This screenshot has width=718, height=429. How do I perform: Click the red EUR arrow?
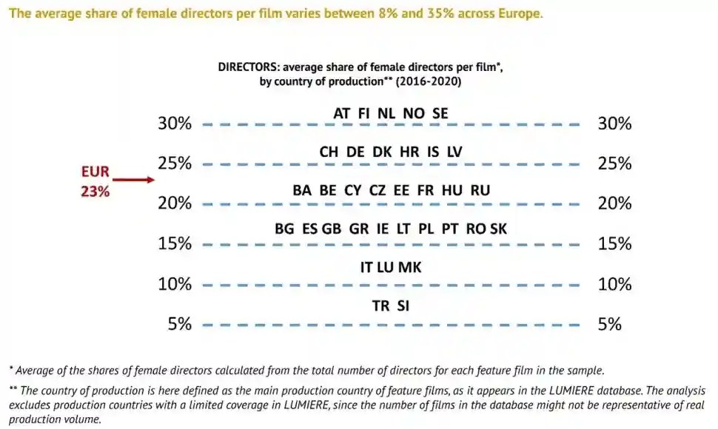[133, 179]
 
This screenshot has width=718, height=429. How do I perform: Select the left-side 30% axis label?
[175, 124]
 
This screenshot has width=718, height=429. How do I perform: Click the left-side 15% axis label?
[175, 244]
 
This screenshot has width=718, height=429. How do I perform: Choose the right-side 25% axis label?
[614, 163]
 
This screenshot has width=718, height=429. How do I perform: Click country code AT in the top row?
[342, 113]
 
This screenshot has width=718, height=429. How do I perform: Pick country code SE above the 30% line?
[440, 113]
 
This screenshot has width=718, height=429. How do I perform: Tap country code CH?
[329, 152]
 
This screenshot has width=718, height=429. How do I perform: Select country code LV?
[454, 152]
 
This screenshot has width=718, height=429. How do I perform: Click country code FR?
[425, 190]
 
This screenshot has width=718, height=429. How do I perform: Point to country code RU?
[480, 190]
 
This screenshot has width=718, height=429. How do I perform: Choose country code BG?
[284, 229]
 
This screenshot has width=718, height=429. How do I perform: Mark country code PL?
[426, 229]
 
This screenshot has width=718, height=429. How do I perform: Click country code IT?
[366, 267]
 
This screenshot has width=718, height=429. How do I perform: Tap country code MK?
[410, 267]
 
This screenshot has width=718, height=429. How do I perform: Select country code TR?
[380, 305]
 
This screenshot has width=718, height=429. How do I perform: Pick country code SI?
[403, 305]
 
